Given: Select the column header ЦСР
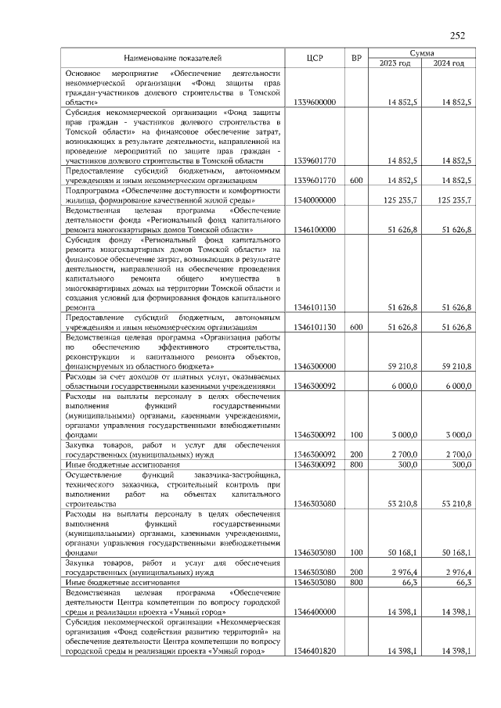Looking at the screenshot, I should [315, 58].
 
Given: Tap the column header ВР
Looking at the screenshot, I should [356, 58].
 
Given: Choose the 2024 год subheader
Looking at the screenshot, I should [449, 63].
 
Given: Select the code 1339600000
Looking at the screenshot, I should [315, 102].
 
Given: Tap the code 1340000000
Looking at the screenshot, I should [315, 200].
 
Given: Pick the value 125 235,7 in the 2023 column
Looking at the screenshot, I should [401, 200].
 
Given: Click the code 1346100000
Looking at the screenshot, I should [315, 230].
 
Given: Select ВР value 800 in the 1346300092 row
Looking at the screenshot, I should [356, 465].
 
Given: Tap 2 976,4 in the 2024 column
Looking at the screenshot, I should [453, 573].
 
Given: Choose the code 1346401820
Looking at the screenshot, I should [315, 652].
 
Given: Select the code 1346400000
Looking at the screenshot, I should [315, 612].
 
